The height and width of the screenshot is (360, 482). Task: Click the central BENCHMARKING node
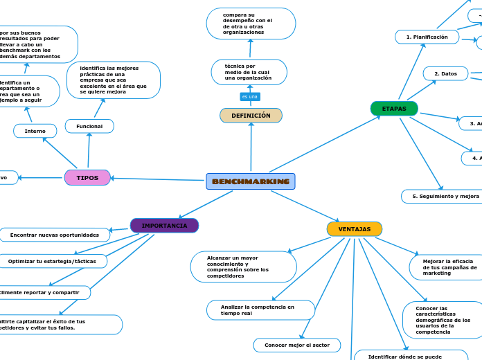click(251, 181)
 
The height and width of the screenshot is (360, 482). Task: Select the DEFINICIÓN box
click(251, 116)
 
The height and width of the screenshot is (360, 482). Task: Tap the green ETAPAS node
click(394, 109)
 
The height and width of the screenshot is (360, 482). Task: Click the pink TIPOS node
click(87, 178)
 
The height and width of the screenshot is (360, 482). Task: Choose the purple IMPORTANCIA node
click(164, 226)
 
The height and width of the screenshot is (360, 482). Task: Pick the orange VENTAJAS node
click(354, 229)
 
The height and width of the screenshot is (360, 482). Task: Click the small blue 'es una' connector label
click(249, 96)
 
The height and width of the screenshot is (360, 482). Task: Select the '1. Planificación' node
click(427, 37)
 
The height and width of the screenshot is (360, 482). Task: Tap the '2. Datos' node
click(445, 73)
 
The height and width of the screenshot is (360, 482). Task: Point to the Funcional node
click(89, 126)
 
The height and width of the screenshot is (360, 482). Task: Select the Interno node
click(35, 131)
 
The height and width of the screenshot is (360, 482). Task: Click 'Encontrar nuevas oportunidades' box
click(55, 235)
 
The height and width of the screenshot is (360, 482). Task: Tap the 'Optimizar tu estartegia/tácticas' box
click(53, 261)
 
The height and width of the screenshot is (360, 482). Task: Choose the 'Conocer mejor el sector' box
click(296, 345)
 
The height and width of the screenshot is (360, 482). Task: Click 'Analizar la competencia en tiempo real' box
click(260, 309)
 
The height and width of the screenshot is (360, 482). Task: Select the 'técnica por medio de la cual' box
click(249, 72)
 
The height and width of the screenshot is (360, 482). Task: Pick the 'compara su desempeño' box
click(251, 24)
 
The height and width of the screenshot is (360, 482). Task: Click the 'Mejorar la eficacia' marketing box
click(443, 267)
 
